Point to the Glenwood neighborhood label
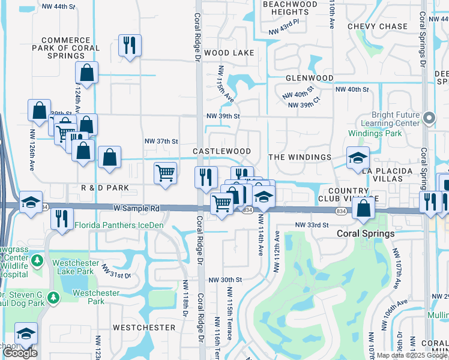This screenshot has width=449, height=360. click(x=309, y=78)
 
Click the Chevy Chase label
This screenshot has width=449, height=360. click(x=378, y=26)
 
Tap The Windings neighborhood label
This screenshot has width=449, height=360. click(x=300, y=157)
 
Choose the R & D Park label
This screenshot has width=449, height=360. click(x=105, y=188)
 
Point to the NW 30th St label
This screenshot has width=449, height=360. click(x=225, y=280)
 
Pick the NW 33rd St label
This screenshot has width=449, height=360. click(x=312, y=224)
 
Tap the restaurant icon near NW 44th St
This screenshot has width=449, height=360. click(x=130, y=45)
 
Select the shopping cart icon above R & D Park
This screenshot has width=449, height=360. click(x=165, y=173)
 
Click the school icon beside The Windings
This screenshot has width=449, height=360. click(x=358, y=158)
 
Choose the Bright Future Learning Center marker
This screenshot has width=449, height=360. click(x=429, y=118)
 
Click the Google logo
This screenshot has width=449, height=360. click(x=20, y=353)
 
